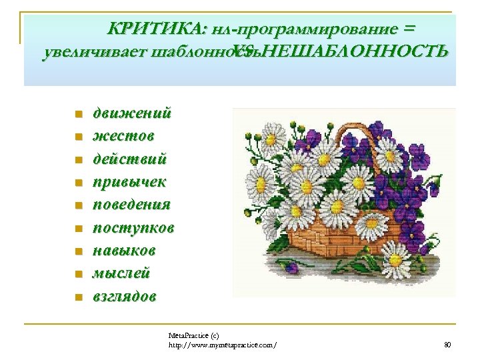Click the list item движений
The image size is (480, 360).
click(x=131, y=113)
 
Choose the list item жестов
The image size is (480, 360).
click(x=123, y=136)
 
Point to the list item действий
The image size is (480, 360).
click(x=130, y=159)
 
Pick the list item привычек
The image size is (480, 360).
click(x=129, y=182)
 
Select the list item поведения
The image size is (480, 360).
click(x=131, y=205)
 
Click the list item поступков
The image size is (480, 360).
click(x=133, y=228)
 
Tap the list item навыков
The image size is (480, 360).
click(x=124, y=251)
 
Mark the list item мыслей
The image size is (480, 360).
click(x=121, y=273)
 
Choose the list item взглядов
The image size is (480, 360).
click(x=125, y=297)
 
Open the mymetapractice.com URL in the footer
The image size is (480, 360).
click(x=222, y=344)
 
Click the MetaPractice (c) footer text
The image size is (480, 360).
click(x=193, y=335)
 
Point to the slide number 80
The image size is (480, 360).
click(x=447, y=344)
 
